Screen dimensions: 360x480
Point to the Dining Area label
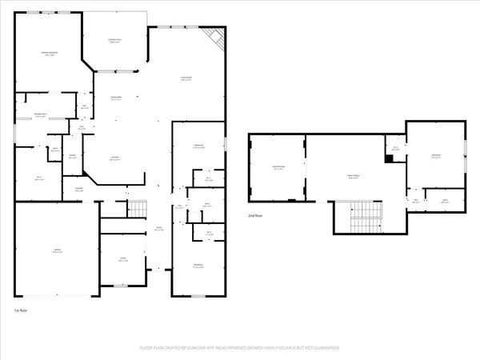pyautogui.click(x=115, y=98)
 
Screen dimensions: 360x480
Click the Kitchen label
pyautogui.click(x=114, y=158)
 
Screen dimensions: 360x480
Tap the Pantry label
pyautogui.click(x=72, y=156)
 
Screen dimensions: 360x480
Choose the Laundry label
pyautogui.click(x=79, y=189)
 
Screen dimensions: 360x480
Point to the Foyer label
pyautogui.click(x=159, y=230)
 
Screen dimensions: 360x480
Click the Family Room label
pyautogui.click(x=353, y=177)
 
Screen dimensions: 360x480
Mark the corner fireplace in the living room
pyautogui.click(x=214, y=38)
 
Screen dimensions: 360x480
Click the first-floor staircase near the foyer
pyautogui.click(x=138, y=210)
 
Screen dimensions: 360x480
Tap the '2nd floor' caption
pyautogui.click(x=256, y=216)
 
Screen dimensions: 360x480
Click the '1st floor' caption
pyautogui.click(x=22, y=309)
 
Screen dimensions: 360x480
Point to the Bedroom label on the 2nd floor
pyautogui.click(x=436, y=157)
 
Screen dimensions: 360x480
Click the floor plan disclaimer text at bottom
pyautogui.click(x=240, y=348)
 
